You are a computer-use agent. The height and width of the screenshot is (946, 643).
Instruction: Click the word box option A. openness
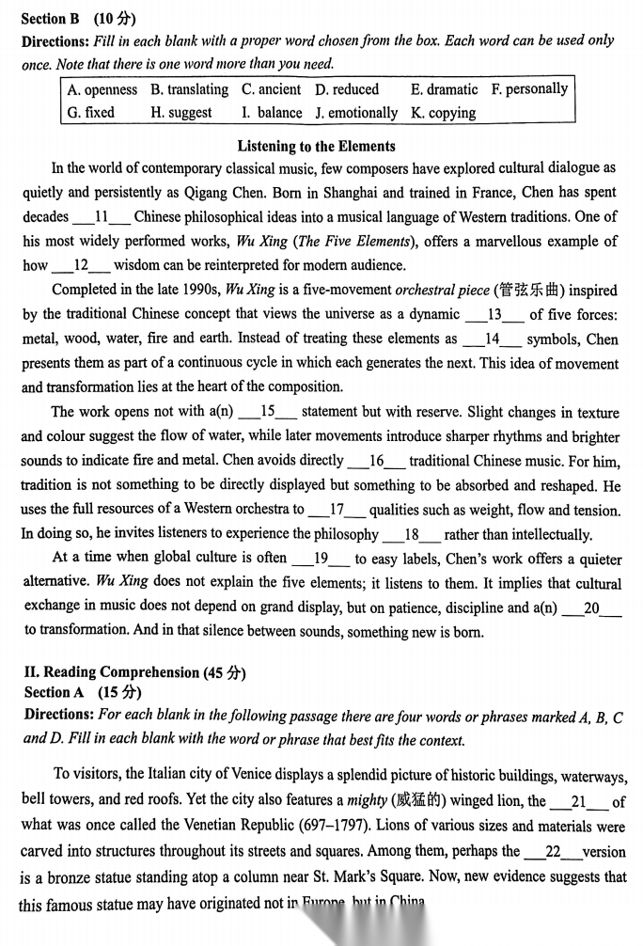[x=102, y=89]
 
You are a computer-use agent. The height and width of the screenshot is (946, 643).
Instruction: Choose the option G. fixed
[x=91, y=113]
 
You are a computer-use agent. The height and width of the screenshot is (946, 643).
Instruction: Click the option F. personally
[x=529, y=89]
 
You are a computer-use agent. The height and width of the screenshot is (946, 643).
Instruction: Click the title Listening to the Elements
[x=316, y=146]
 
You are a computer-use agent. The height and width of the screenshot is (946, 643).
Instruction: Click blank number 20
[x=591, y=608]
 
